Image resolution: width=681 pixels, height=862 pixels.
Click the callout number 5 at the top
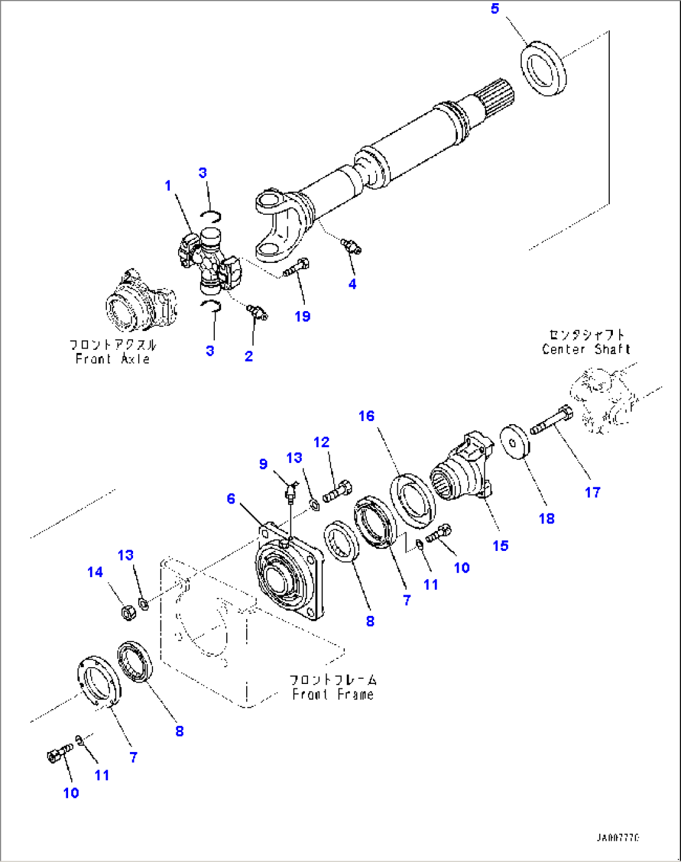495,9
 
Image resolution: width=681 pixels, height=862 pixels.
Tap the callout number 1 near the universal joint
167,186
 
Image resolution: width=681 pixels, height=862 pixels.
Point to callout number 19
302,317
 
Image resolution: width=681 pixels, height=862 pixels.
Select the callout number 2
249,356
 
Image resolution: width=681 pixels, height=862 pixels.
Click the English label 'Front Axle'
112,359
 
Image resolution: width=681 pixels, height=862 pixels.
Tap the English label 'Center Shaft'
586,350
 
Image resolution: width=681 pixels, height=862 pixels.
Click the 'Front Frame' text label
333,695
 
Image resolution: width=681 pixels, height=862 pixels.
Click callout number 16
366,416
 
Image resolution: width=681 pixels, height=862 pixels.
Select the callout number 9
263,464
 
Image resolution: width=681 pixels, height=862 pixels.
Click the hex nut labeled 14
125,612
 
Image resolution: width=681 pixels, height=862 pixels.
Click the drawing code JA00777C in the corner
617,838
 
